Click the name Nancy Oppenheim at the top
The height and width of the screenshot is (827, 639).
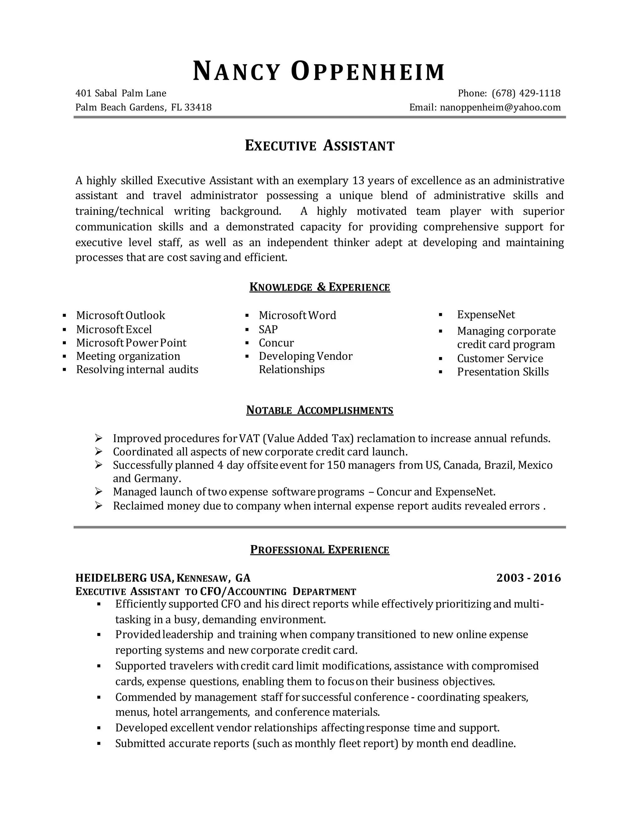tap(319, 71)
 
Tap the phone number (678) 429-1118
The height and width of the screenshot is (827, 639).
tap(526, 93)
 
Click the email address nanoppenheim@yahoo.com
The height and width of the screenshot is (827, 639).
tap(500, 108)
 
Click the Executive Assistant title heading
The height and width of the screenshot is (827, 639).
tap(319, 146)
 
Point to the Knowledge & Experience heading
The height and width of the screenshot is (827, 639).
tap(319, 287)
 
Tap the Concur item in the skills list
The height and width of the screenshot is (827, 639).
tap(276, 343)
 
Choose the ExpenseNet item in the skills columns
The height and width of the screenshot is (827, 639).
tap(486, 315)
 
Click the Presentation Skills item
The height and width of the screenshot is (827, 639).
tap(502, 372)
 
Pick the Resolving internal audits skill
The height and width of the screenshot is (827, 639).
tap(137, 369)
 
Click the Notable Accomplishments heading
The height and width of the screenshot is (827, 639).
tap(319, 410)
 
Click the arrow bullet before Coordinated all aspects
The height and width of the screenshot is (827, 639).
tap(99, 452)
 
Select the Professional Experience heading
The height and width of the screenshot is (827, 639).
tap(319, 550)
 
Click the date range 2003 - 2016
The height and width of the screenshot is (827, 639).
tap(528, 578)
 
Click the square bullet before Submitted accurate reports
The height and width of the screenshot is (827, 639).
tap(99, 744)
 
